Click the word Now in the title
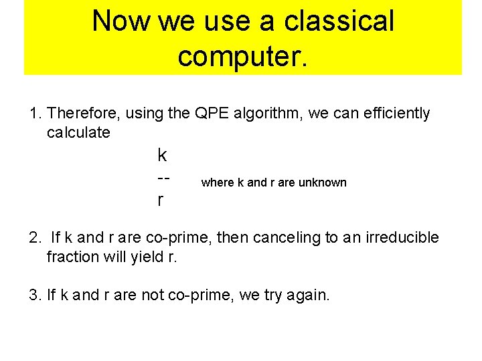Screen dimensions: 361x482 click(x=120, y=21)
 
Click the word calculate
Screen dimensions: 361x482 click(x=78, y=132)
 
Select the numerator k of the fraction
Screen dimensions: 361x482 click(x=161, y=156)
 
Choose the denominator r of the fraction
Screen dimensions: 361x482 click(x=159, y=200)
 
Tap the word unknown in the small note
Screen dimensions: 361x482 click(x=323, y=183)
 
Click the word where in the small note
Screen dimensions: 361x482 click(x=218, y=183)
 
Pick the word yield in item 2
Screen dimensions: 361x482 click(x=143, y=256)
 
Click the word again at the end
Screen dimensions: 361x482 click(x=309, y=295)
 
